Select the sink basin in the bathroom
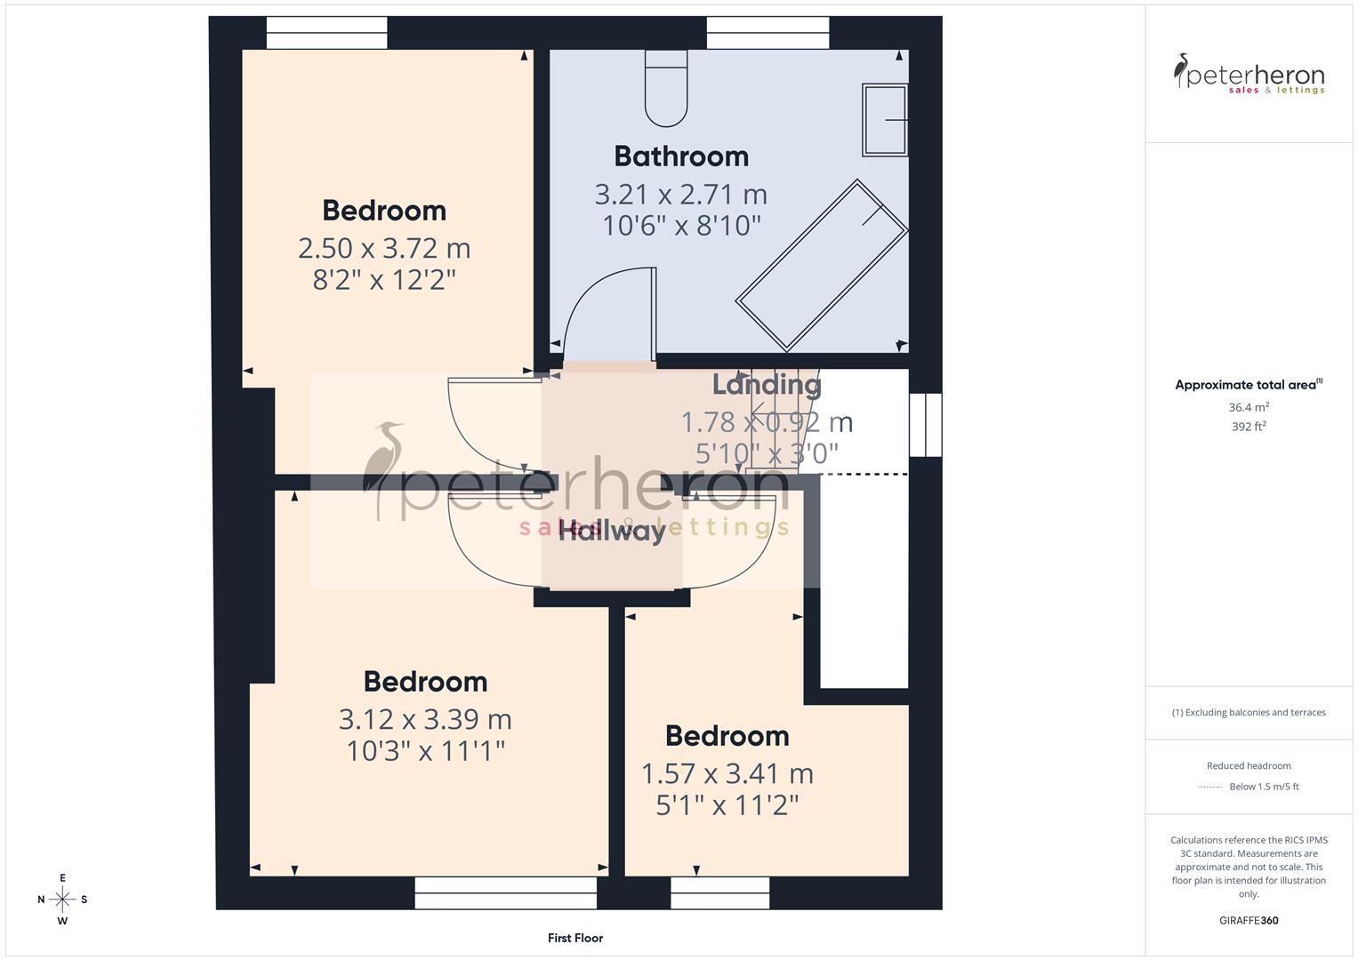pyautogui.click(x=885, y=120)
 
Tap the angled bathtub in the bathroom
pyautogui.click(x=822, y=265)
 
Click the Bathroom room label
pyautogui.click(x=681, y=156)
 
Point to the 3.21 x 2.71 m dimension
pyautogui.click(x=680, y=194)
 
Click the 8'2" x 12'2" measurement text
pyautogui.click(x=384, y=280)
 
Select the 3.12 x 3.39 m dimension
pyautogui.click(x=425, y=718)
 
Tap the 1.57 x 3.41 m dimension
pyautogui.click(x=727, y=773)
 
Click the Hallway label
pyautogui.click(x=612, y=532)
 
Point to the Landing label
pyautogui.click(x=767, y=385)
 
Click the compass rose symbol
pyautogui.click(x=62, y=900)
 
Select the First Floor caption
pyautogui.click(x=575, y=938)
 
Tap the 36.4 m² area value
pyautogui.click(x=1249, y=407)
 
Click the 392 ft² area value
pyautogui.click(x=1249, y=427)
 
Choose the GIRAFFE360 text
pyautogui.click(x=1249, y=921)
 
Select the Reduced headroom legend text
pyautogui.click(x=1249, y=765)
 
